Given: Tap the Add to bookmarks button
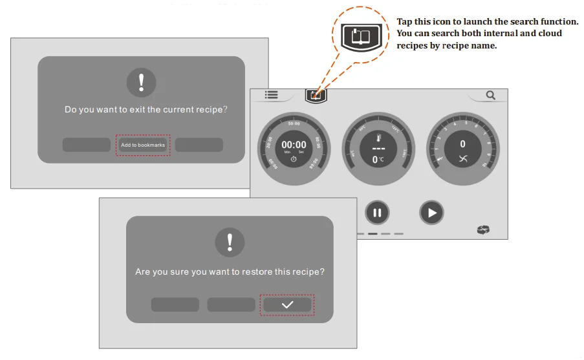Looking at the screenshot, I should coord(143,145).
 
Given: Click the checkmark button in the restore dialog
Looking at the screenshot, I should coord(287,305).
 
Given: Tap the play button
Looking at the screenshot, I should coord(432,212).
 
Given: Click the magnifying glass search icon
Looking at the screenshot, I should coord(491,96).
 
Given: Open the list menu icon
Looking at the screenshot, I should coord(271,95).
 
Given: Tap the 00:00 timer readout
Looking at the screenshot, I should coord(294,145).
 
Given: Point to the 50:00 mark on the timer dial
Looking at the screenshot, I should coord(294,123).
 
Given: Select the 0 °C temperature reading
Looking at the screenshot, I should coord(378,160).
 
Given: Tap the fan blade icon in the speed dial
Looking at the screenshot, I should coord(462,159).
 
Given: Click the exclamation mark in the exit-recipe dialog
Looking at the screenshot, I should coord(142,83).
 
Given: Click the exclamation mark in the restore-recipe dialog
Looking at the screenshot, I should coord(230,243).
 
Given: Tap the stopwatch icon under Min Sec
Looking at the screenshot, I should coord(294,159).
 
